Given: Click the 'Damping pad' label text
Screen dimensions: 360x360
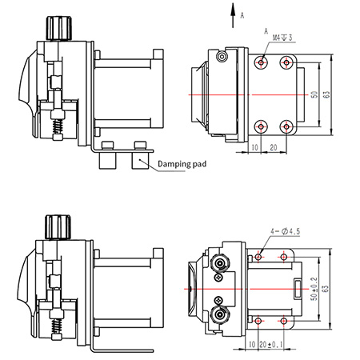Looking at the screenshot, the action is (182, 164).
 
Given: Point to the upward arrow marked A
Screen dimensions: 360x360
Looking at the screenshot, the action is (233, 15).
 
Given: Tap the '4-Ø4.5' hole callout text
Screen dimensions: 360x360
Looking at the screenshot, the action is (285, 231).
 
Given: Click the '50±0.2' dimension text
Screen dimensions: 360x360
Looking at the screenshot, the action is (314, 289).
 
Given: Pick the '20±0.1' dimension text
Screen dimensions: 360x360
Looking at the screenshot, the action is (270, 345).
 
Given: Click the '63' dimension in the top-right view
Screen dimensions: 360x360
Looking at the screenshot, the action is (326, 94).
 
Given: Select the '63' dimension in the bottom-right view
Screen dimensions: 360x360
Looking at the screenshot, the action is (326, 289).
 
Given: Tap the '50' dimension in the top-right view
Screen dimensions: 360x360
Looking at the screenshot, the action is (314, 94).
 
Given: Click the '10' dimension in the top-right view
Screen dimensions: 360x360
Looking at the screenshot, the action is (255, 147).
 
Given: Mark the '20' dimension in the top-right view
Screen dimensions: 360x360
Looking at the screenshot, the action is (274, 147).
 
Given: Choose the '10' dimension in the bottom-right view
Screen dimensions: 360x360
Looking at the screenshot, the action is (252, 345).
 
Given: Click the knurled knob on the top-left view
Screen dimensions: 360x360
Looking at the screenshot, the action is (59, 28).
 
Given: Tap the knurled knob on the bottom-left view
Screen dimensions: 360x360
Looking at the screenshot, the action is (58, 226).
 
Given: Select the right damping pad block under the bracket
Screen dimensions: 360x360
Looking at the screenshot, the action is (140, 161).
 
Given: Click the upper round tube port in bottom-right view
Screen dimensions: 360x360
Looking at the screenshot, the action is (220, 264).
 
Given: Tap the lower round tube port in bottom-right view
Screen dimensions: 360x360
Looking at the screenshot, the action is (219, 314).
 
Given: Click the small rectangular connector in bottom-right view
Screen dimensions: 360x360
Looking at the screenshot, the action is (298, 289).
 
